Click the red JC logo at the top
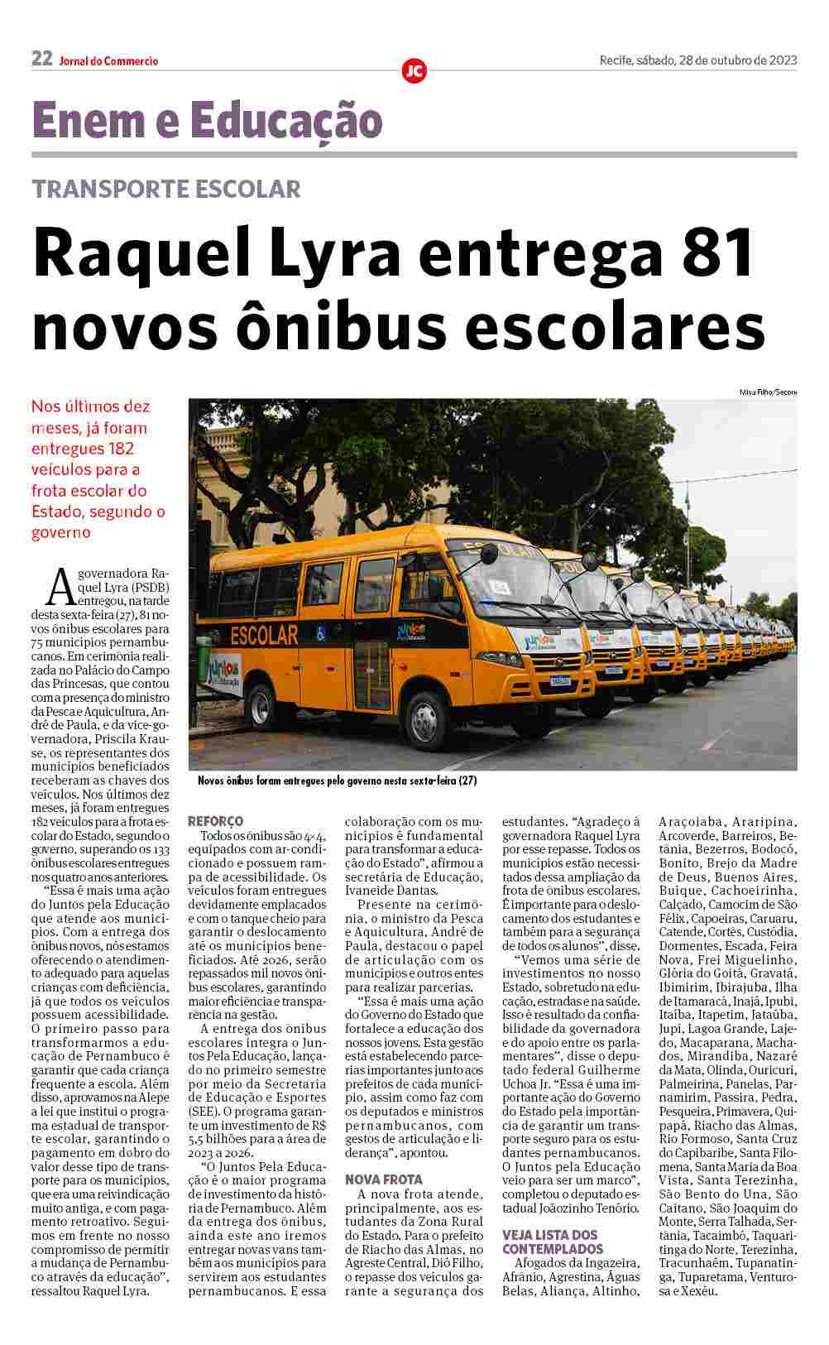[x=414, y=71]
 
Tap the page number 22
[x=42, y=59]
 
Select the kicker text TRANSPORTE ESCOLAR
[x=166, y=189]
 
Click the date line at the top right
[x=697, y=60]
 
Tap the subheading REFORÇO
[x=216, y=820]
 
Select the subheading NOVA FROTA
[x=383, y=1179]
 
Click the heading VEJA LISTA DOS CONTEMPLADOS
[x=553, y=1241]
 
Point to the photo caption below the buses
[x=338, y=781]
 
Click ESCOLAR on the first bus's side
[x=263, y=635]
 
